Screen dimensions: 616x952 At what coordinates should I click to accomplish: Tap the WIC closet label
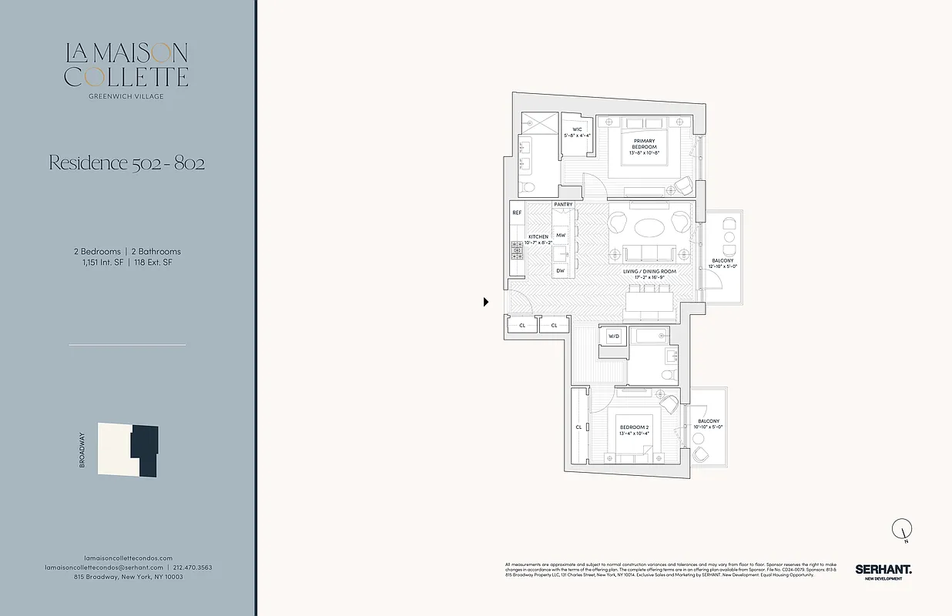pyautogui.click(x=576, y=132)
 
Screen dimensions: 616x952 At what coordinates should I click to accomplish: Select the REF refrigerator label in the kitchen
pyautogui.click(x=517, y=213)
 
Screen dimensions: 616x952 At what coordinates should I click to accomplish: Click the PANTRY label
pyautogui.click(x=563, y=205)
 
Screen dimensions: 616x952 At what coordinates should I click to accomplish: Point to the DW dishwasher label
pyautogui.click(x=560, y=271)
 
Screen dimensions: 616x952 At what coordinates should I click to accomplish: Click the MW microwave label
pyautogui.click(x=561, y=235)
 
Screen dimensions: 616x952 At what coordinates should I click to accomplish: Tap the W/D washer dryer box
pyautogui.click(x=614, y=336)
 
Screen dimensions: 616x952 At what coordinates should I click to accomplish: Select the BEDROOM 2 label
pyautogui.click(x=635, y=430)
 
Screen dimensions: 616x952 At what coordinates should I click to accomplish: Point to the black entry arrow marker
pyautogui.click(x=486, y=302)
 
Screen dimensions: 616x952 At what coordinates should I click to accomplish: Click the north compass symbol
pyautogui.click(x=902, y=530)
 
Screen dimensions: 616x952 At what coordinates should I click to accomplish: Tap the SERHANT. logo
pyautogui.click(x=883, y=570)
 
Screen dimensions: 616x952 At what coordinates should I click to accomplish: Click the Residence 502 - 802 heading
pyautogui.click(x=127, y=163)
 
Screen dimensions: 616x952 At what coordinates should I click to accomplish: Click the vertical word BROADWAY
pyautogui.click(x=82, y=450)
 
